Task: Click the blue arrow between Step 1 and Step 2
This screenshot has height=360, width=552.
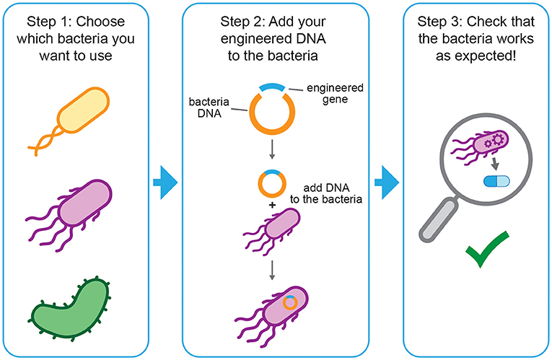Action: pos(165,185)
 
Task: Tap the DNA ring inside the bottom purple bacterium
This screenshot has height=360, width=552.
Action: pos(289,303)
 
